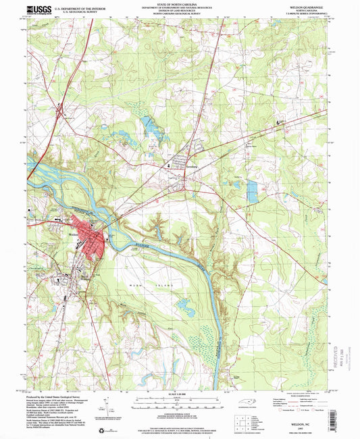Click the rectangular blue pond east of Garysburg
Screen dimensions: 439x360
252,192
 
